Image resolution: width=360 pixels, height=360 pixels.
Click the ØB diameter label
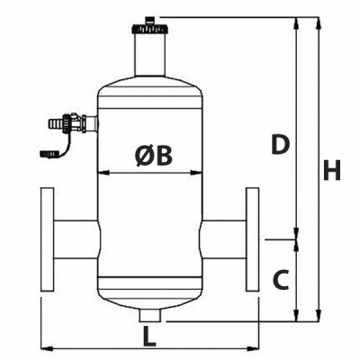[x=153, y=157]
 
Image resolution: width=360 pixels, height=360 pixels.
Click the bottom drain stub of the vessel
[x=149, y=315]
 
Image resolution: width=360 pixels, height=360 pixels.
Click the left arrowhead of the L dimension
[x=44, y=347]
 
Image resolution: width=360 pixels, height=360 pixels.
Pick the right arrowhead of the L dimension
[x=255, y=347]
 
